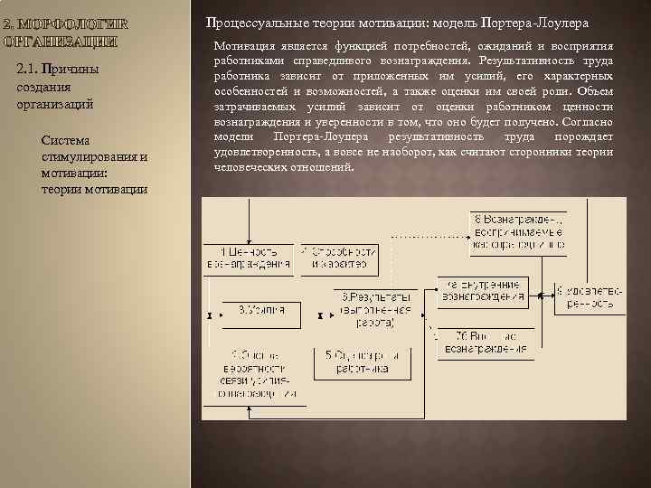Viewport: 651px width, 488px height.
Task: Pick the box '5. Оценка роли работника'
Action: point(360,362)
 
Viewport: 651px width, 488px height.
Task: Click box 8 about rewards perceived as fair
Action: point(521,231)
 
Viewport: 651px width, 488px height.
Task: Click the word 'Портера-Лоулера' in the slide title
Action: point(540,20)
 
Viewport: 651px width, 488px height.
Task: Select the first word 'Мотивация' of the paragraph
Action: point(243,45)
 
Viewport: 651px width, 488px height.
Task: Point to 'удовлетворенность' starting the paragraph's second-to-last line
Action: point(265,152)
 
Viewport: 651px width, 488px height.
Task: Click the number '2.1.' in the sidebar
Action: point(27,70)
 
